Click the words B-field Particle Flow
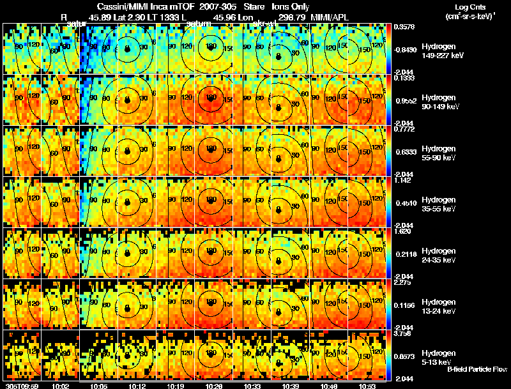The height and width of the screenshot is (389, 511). pos(477,369)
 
